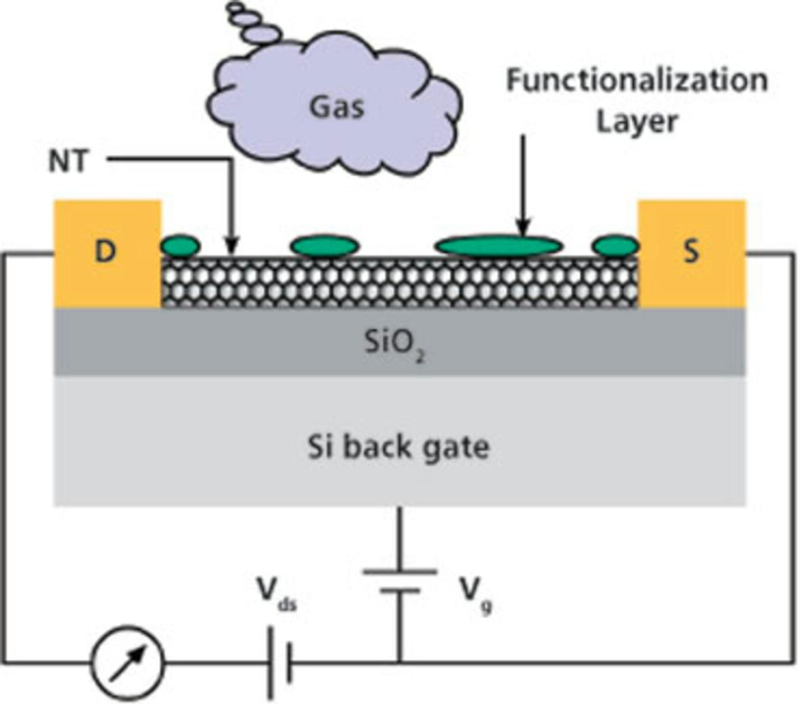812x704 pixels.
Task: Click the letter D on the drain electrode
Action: [x=105, y=252]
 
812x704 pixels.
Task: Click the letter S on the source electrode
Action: [x=691, y=252]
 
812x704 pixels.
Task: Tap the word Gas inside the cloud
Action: [x=336, y=107]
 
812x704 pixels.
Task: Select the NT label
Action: [x=68, y=161]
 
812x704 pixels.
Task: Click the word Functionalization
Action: [x=637, y=81]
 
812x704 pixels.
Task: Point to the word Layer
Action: [x=636, y=122]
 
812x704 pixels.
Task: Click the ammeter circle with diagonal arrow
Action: [x=128, y=661]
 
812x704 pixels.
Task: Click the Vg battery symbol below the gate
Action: [x=399, y=581]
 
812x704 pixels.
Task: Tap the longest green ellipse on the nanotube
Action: [x=498, y=246]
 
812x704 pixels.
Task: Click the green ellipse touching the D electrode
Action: [x=181, y=246]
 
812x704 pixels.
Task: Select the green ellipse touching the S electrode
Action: [x=615, y=246]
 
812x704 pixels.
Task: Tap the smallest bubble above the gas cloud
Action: [x=235, y=7]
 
